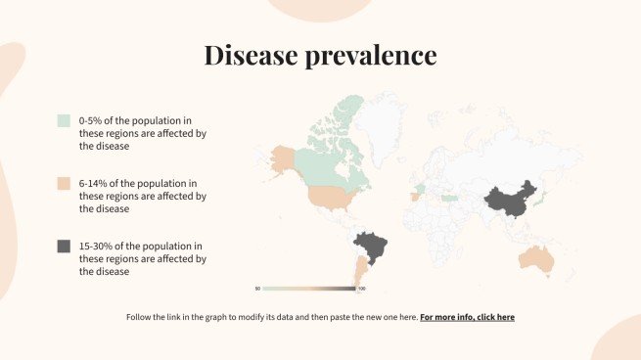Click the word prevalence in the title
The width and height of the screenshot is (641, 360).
coord(377,56)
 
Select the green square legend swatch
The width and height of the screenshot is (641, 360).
coord(64,120)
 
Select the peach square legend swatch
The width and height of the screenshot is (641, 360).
coord(64,184)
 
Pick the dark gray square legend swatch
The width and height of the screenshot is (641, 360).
coord(64,247)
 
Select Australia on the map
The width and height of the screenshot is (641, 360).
coord(536,258)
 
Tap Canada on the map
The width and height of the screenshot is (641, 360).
coord(328,157)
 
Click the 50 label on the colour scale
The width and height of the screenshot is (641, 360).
coord(257,289)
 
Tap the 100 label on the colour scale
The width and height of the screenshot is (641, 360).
coord(361,289)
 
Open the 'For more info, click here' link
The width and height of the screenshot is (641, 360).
coord(467,318)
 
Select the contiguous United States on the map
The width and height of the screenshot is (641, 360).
coord(333,197)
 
